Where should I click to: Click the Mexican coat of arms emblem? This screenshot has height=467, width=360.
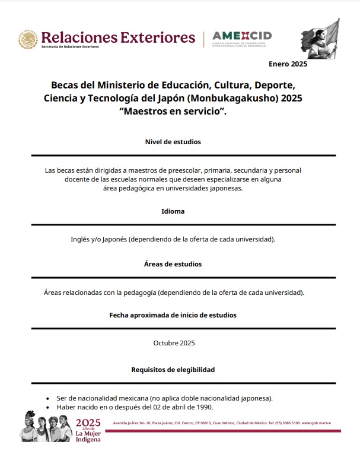27,39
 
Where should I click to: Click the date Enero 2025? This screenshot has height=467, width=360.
288,64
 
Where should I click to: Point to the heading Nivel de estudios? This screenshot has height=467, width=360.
173,142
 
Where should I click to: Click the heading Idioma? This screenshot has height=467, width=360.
173,211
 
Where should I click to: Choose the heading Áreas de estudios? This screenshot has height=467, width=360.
173,263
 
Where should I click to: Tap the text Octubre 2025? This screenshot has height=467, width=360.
174,343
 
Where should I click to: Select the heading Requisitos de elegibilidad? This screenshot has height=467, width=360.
173,370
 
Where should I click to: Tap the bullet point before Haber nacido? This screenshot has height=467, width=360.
47,408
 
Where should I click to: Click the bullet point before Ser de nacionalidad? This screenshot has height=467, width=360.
47,399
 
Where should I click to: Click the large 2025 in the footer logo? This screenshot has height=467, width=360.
89,422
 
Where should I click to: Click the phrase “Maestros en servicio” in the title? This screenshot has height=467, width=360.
173,111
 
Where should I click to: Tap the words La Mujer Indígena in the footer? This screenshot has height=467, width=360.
88,437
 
